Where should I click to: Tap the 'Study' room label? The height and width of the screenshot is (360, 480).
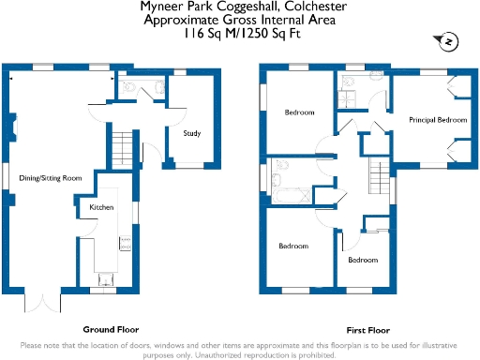tap(192, 133)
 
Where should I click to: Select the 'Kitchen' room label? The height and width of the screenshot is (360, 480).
tap(101, 206)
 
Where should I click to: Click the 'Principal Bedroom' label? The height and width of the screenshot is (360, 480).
tap(438, 120)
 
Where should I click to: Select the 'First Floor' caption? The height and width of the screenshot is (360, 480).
tap(368, 330)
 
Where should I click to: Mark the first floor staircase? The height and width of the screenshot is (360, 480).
tap(378, 172)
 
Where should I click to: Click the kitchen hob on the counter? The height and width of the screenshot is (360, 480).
tap(124, 243)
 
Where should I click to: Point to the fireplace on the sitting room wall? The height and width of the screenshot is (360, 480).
tap(13, 127)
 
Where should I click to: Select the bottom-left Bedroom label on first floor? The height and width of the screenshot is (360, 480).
tap(292, 246)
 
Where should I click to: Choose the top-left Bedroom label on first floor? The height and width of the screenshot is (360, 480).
tap(299, 112)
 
